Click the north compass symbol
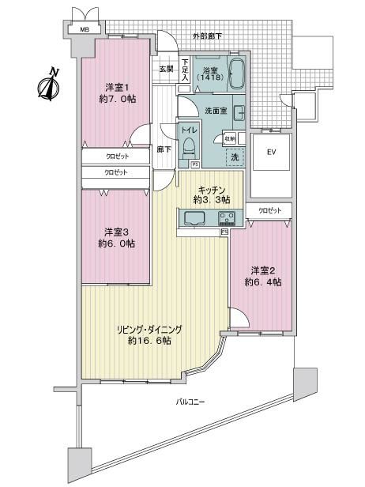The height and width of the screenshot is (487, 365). (x=49, y=85)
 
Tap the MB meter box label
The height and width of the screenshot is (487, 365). (x=85, y=30)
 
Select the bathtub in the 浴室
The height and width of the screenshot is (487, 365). (x=237, y=74)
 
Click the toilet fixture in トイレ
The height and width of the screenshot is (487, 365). (x=188, y=149)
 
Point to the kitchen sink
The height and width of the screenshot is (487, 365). (x=194, y=217)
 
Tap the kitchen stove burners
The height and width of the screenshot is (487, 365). (x=227, y=217)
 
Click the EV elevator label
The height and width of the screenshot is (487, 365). (x=272, y=152)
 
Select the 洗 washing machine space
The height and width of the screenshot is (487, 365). (x=235, y=157)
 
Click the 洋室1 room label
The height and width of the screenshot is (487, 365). (x=117, y=87)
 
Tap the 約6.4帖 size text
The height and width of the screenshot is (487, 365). (x=263, y=282)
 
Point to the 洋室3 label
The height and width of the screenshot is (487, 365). (x=116, y=232)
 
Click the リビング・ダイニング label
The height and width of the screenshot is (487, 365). (x=149, y=329)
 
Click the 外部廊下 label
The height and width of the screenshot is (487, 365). (x=207, y=36)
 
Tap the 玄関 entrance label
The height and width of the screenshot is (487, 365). (x=167, y=69)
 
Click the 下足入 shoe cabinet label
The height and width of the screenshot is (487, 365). (x=185, y=70)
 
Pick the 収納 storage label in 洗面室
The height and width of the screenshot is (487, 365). (x=230, y=138)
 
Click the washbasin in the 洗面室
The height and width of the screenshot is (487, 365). (x=239, y=113)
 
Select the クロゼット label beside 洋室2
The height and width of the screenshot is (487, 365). (x=270, y=210)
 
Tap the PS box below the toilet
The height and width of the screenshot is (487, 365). (x=195, y=165)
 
